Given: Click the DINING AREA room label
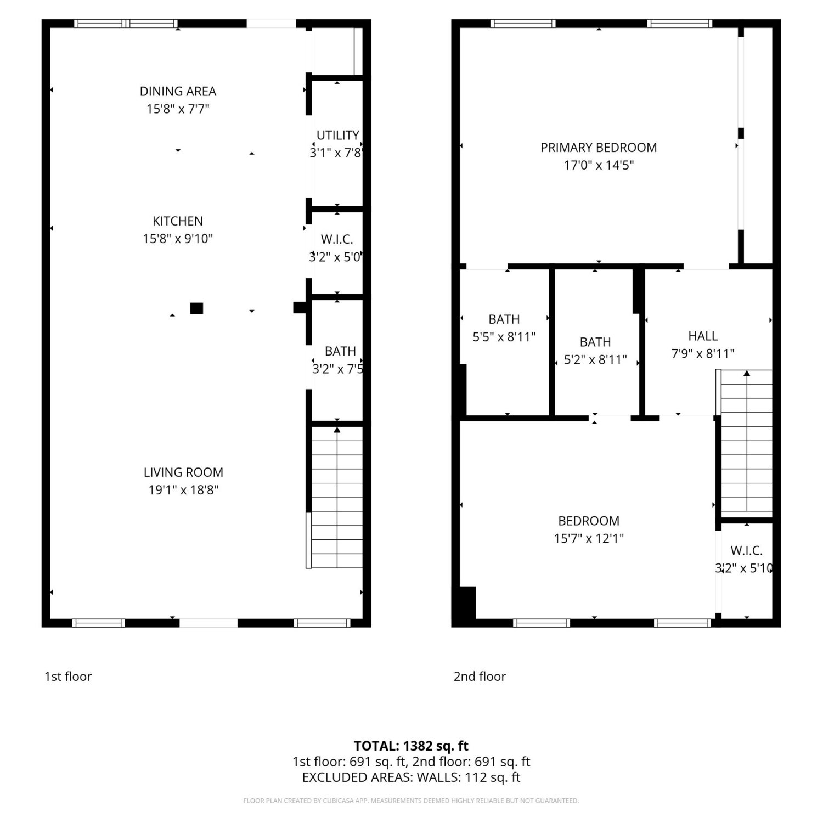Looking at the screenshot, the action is tap(178, 91).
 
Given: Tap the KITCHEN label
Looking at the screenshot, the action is tap(178, 221).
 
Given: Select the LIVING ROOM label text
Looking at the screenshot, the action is tap(183, 472).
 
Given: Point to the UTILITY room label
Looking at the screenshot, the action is tap(338, 135).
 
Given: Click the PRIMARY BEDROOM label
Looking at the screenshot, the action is tap(599, 148).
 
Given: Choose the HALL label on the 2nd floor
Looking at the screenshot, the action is tap(703, 336).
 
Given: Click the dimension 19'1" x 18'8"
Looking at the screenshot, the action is tap(183, 490).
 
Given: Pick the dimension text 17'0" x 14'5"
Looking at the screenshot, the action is tap(599, 165).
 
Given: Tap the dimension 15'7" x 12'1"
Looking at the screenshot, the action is tap(589, 538).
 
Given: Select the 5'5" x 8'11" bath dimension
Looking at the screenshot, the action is tap(504, 337).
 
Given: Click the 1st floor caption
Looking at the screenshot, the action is tap(68, 677).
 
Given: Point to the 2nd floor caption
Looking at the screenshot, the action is tap(480, 677).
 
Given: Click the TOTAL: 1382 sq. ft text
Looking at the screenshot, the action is tap(411, 746).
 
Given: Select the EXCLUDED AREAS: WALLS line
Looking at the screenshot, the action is tap(411, 777).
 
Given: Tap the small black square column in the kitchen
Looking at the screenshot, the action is tap(196, 308).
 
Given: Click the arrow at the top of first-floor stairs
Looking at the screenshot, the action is tap(337, 430).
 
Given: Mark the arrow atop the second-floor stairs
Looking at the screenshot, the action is tap(747, 374).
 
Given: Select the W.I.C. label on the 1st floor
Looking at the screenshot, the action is tap(337, 239).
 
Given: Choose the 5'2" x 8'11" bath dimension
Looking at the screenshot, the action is tap(595, 360).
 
